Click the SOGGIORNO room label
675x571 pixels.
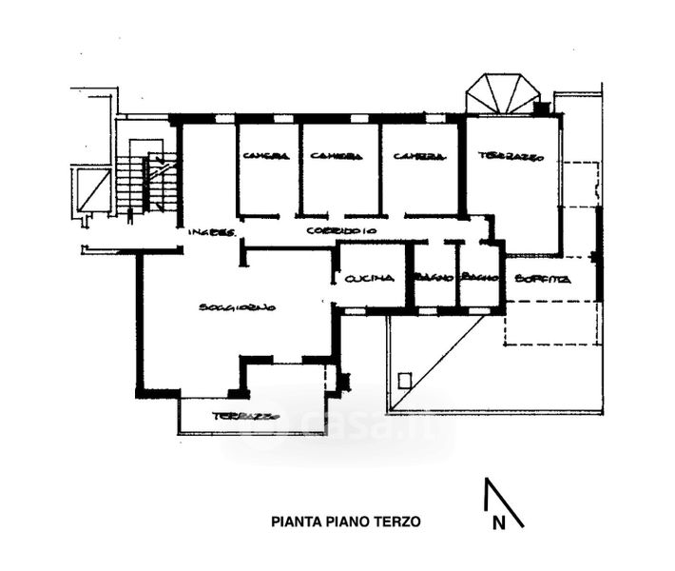pos(237,307)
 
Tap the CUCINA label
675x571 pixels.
pos(370,279)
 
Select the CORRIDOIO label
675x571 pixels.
pos(342,231)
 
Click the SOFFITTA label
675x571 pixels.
pos(542,279)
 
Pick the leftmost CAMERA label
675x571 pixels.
pos(265,156)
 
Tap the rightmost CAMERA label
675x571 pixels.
pos(415,156)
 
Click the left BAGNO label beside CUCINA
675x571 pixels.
pos(434,277)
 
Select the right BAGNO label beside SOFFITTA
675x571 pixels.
pos(480,277)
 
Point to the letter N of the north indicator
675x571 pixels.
pos(497,522)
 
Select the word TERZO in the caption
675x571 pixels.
pos(398,522)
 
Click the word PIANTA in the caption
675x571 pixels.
pos(294,522)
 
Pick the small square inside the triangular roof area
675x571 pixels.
pos(405,381)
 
